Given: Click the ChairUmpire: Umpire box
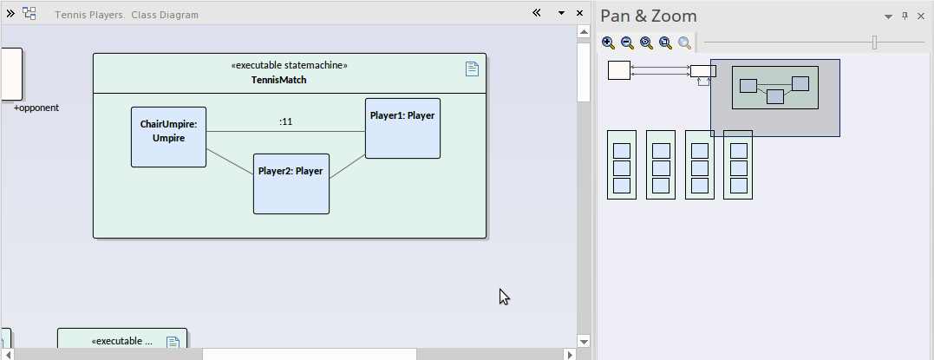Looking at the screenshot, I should (168, 137).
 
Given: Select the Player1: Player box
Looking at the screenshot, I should (402, 128).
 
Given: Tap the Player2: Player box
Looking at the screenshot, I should (291, 183).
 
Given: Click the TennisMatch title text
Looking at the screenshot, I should (278, 80).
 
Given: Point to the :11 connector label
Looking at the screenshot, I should (285, 121).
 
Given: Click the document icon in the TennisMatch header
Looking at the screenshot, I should (472, 69).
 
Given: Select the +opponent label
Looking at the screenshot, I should (36, 108).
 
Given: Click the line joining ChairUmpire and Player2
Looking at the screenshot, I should (230, 160).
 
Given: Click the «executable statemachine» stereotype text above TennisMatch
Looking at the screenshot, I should (290, 65).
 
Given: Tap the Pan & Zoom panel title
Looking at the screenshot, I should (649, 16).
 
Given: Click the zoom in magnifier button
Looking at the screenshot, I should (608, 43).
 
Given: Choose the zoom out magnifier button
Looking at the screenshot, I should (627, 43).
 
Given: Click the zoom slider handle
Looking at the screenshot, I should (874, 43).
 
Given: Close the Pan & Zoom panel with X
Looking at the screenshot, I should (921, 16).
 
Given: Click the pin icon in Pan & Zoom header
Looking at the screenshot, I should (905, 16).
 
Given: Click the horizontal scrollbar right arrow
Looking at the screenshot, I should (570, 354).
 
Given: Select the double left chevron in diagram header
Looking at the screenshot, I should (537, 13).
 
